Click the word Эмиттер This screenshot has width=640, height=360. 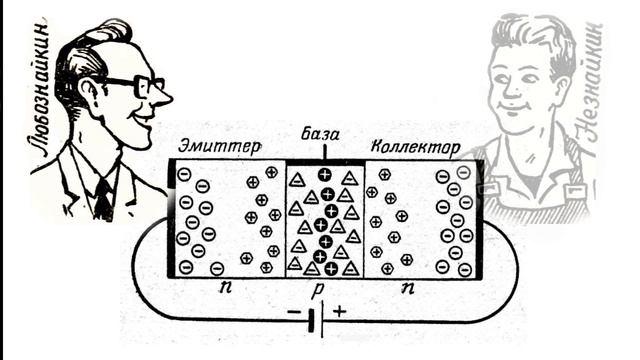tap(220, 147)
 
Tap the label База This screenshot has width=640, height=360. tap(320, 134)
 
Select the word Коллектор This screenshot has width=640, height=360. tap(416, 147)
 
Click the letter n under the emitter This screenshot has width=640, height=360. tap(225, 287)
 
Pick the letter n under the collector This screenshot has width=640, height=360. tap(408, 288)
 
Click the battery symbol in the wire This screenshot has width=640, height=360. tap(317, 320)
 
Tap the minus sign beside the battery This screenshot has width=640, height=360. tap(294, 313)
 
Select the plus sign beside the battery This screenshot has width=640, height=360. tap(340, 312)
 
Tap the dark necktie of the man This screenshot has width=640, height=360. tap(104, 199)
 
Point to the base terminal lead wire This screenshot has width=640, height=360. tap(324, 151)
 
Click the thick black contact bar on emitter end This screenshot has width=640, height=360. tap(171, 218)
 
